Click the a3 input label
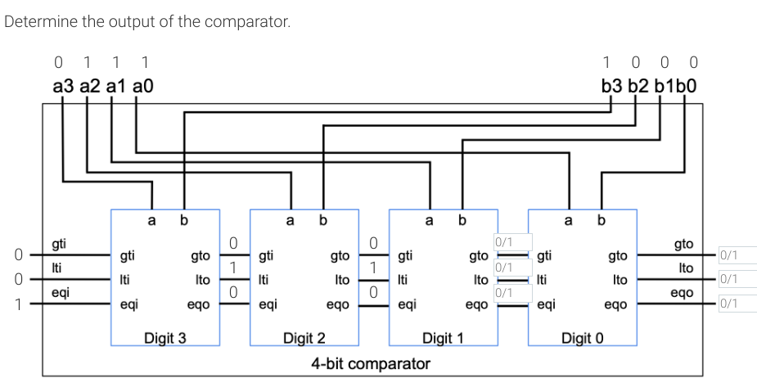pos(64,85)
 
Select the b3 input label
pos(612,85)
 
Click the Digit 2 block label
pos(304,338)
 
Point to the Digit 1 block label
pos(443,338)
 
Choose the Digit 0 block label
pos(582,338)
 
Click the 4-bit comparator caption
pos(371,362)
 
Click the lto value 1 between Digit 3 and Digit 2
pos(233,268)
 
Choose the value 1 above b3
pos(606,62)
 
